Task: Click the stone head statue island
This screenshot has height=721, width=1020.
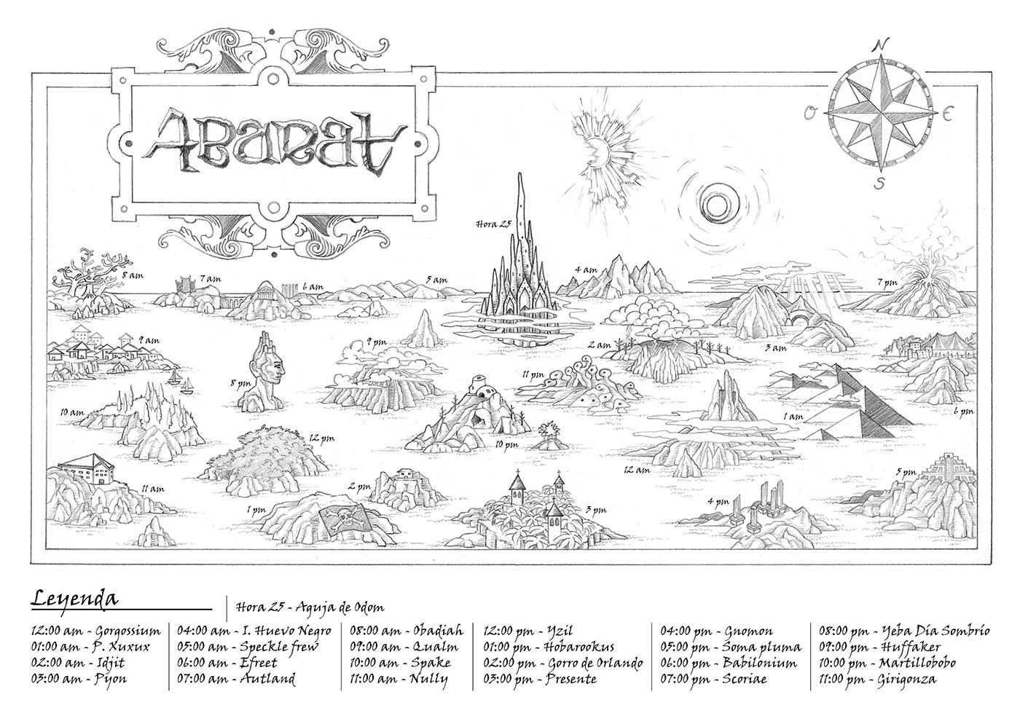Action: click(266, 372)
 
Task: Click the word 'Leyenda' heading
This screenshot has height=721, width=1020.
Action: click(74, 599)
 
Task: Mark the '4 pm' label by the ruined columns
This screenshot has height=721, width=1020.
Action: click(718, 502)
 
